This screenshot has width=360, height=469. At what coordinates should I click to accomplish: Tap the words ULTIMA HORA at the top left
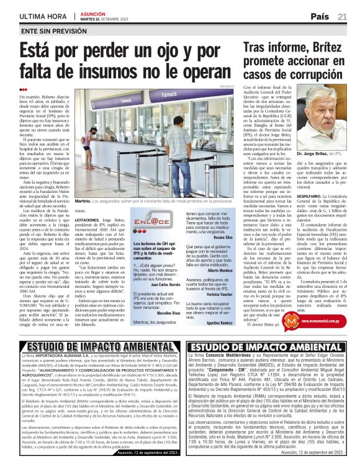44,15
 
